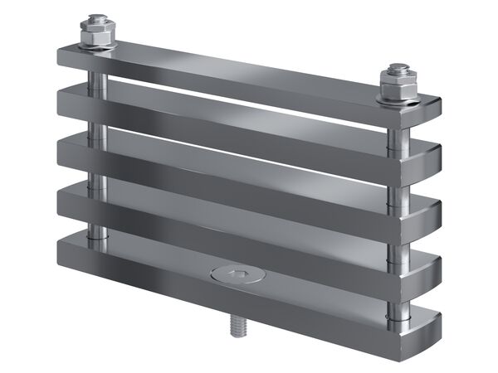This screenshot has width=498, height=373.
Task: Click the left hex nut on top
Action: pos(98,32)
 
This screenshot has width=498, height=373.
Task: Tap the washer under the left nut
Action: pos(98,45)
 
